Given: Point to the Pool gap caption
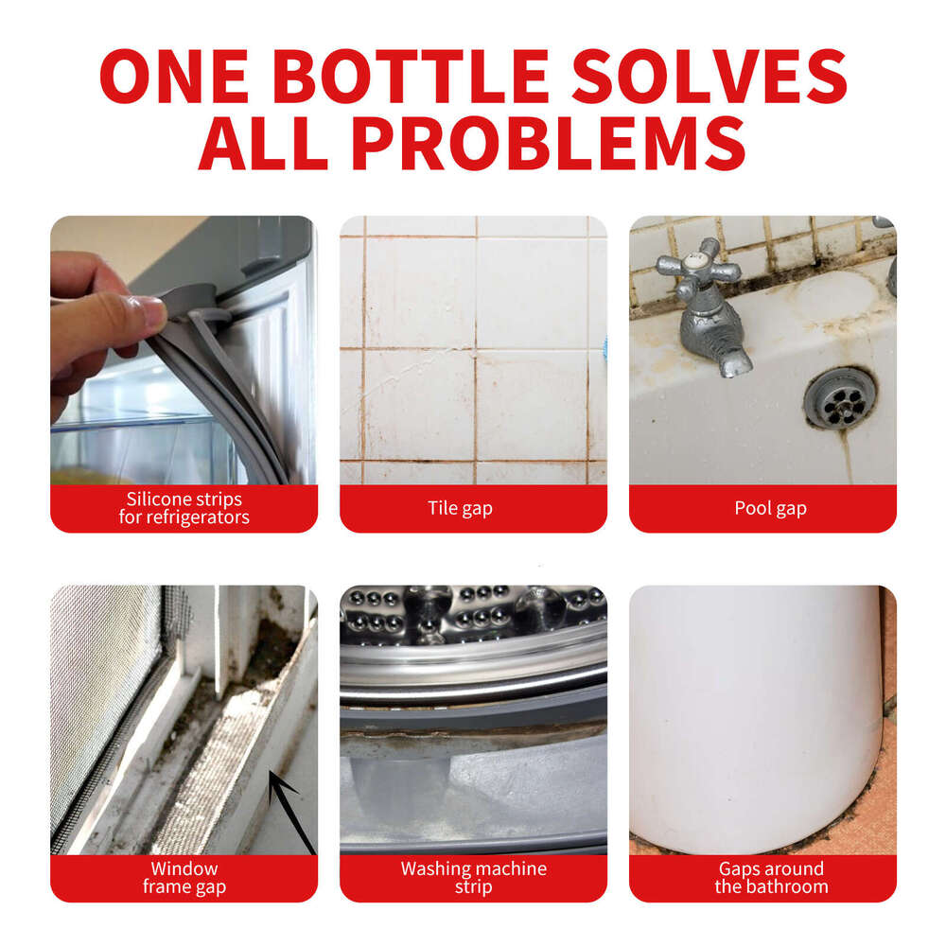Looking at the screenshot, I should tap(770, 509).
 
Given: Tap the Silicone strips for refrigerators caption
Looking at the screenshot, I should tap(184, 509).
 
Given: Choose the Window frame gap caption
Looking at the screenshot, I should tap(184, 878).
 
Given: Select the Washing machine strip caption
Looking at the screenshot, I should tap(473, 878).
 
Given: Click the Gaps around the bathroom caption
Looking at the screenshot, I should tap(771, 878).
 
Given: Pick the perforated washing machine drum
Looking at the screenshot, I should tap(473, 615).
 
